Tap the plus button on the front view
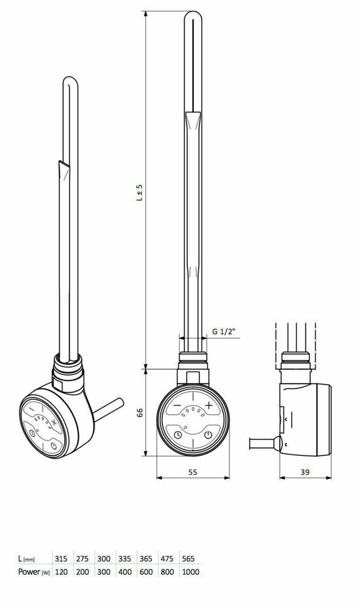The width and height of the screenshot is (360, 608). coord(209,405)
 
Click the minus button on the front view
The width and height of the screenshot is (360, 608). coord(177,405)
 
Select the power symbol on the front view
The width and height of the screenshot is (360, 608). coord(209,434)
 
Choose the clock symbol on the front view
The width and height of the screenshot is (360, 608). coord(176,435)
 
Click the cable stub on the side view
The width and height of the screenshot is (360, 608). coord(261,442)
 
